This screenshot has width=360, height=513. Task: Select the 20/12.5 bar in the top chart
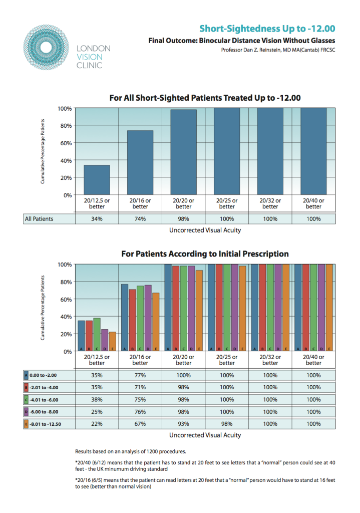pos(97,180)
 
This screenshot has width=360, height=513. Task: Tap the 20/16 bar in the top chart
pos(140,162)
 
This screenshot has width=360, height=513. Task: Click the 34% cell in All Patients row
pos(97,219)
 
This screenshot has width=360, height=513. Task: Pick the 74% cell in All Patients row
pos(140,219)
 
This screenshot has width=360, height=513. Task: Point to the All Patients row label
pos(40,219)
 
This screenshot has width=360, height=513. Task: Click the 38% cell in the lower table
pos(97,399)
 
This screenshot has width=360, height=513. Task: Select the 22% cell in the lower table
pos(97,424)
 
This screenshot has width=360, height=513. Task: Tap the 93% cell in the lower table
pos(184,424)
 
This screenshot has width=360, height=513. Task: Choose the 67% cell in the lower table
pos(140,424)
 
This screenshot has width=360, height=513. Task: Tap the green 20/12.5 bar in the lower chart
pos(97,335)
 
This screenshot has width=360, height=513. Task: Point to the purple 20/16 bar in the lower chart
pos(148,318)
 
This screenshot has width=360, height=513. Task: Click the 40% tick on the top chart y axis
pos(66,160)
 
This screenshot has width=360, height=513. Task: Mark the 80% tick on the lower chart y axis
pos(66,282)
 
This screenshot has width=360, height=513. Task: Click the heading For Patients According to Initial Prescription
pos(205,254)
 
